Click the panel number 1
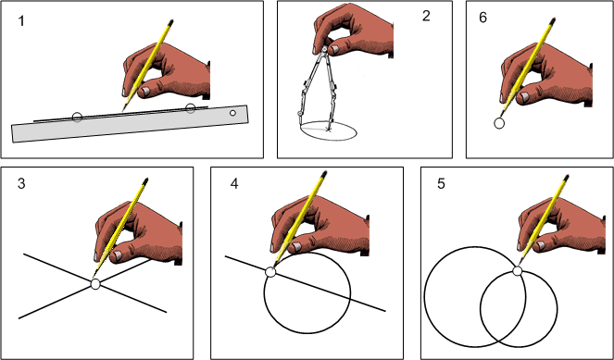pos(21,20)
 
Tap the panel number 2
pos(426,16)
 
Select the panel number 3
pos(21,183)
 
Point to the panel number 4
pos(234,183)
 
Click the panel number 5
pos(442,183)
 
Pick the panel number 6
pos(482,18)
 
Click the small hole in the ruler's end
pos(233,113)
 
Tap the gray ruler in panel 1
pos(130,124)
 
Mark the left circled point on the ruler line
pos(78,117)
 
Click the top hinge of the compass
pos(324,49)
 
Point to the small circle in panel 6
pos(499,124)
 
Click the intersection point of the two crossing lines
pos(95,284)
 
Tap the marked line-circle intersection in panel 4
pos(270,272)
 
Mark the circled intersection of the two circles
pos(518,271)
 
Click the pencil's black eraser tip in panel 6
pos(553,20)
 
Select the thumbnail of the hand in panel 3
pos(117,256)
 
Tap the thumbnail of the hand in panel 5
pos(541,246)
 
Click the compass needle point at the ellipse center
pos(328,130)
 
